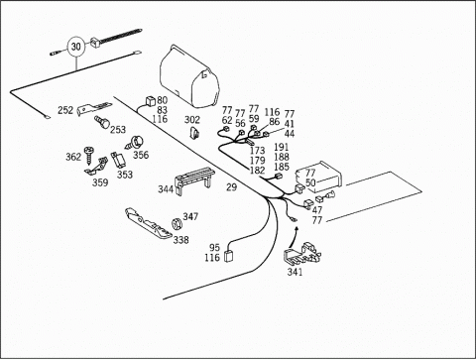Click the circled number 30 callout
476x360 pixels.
point(76,47)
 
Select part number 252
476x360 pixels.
point(65,110)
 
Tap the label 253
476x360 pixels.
point(118,129)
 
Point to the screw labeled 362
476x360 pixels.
point(89,156)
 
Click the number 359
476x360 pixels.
point(100,182)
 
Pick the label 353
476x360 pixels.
point(125,175)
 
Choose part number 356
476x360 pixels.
point(141,155)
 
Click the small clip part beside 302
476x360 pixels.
point(194,133)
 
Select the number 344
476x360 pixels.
point(166,189)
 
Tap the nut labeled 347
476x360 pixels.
point(178,223)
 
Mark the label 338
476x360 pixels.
point(181,240)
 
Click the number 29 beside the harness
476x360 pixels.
point(232,187)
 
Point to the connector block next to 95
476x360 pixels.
point(229,256)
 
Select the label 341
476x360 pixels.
point(295,272)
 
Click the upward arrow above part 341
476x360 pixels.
point(293,237)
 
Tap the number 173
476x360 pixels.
point(257,151)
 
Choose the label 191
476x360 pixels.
point(282,147)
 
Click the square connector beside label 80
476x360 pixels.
point(151,101)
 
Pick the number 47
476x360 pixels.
point(317,210)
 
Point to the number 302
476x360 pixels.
point(192,120)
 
